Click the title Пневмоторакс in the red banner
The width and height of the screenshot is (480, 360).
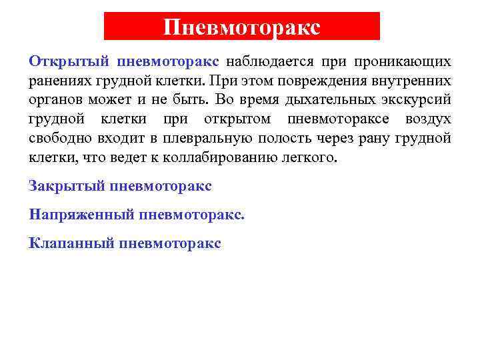[x=242, y=27]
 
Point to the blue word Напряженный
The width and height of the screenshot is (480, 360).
[x=81, y=215]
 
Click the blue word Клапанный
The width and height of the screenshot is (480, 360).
[x=71, y=243]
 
